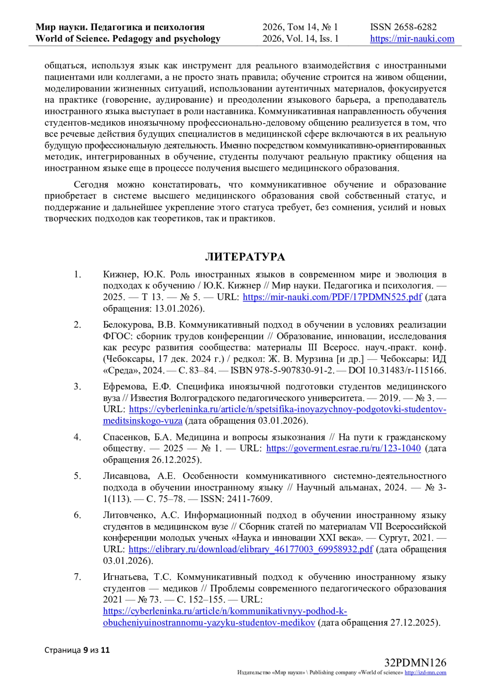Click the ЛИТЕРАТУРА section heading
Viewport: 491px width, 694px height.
click(x=245, y=257)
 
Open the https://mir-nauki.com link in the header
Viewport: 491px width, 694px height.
click(x=412, y=39)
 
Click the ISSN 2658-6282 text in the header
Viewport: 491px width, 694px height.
click(x=403, y=27)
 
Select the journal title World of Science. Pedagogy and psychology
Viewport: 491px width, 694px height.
click(x=128, y=39)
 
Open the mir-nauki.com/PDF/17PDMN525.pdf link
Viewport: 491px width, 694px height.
click(x=332, y=297)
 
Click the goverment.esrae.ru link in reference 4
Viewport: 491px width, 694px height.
click(x=343, y=448)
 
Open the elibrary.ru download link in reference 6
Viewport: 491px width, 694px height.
click(x=250, y=549)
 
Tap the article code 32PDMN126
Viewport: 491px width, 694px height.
click(x=415, y=663)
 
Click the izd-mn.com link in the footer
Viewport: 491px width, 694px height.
click(x=425, y=673)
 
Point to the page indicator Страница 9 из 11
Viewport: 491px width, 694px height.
click(x=77, y=649)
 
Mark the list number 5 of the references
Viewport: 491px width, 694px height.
click(x=77, y=476)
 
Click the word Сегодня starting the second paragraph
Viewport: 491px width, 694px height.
click(x=91, y=185)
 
